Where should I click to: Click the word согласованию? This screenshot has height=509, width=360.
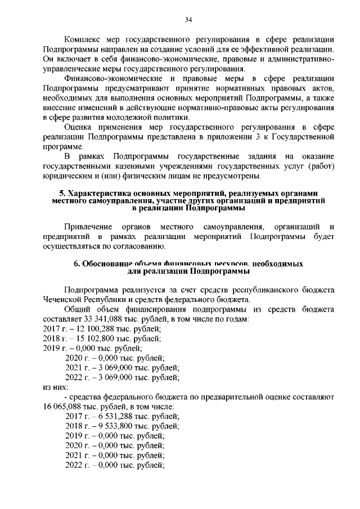[x=140, y=246]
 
